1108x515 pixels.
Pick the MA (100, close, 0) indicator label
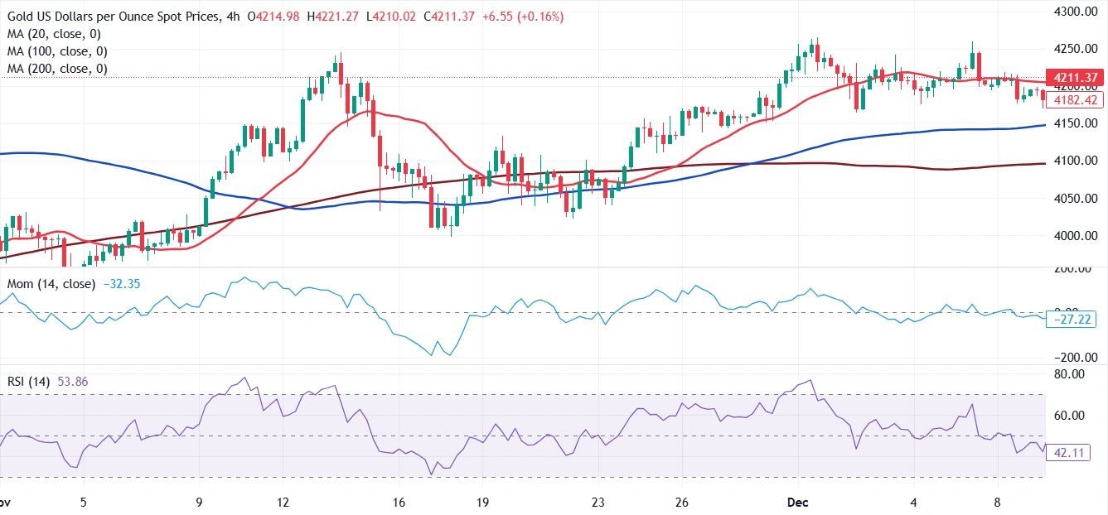pos(57,51)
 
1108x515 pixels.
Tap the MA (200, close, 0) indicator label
pos(57,69)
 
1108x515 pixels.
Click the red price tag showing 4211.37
pos(1074,78)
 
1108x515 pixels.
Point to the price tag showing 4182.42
pos(1074,100)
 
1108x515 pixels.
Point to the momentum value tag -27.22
pos(1074,319)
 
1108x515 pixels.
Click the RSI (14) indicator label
pos(29,382)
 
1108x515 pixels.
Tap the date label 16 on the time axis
pos(399,502)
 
